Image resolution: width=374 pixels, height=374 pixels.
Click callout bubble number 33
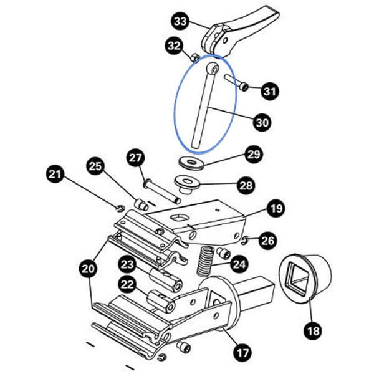(180, 22)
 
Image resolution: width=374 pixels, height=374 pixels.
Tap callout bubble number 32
(174, 46)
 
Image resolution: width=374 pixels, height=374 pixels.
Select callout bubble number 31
(269, 92)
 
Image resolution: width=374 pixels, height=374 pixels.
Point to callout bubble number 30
(262, 123)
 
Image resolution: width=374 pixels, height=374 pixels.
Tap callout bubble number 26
(268, 240)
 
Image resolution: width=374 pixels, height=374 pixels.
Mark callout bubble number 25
(95, 166)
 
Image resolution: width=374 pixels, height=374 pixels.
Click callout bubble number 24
(239, 264)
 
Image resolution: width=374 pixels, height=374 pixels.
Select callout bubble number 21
(55, 174)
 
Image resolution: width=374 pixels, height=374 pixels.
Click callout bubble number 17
(242, 352)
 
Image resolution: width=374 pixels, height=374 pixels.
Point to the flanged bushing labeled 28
(185, 183)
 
